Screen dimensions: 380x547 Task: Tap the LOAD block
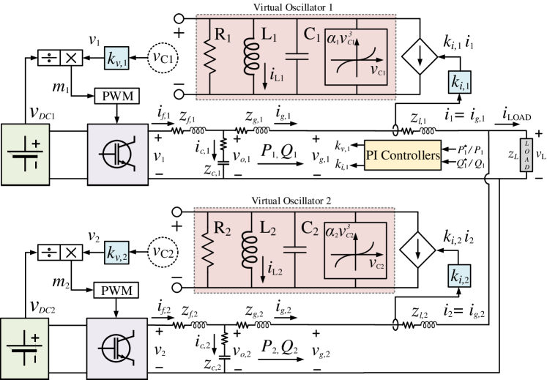[x=526, y=155]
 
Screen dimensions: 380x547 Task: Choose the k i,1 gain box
[x=461, y=83]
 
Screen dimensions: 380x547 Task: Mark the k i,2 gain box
[x=461, y=275]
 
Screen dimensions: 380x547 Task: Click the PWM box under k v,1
[x=117, y=96]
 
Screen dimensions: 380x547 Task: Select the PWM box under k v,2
[x=117, y=291]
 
